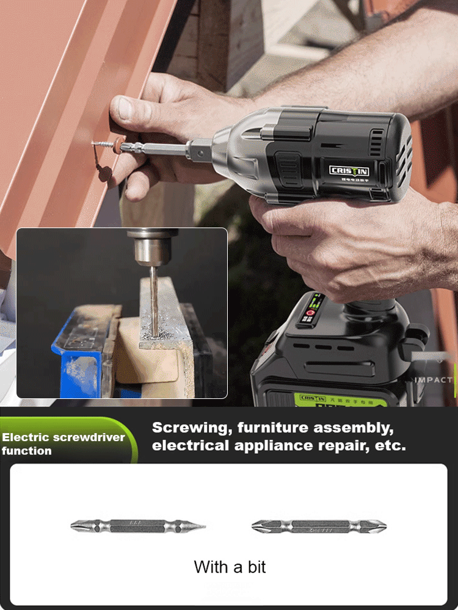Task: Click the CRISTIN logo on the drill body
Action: [350, 170]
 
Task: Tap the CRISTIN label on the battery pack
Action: [313, 398]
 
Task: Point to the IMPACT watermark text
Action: [434, 379]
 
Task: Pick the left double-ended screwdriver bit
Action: [138, 525]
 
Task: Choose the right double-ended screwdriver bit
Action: [319, 525]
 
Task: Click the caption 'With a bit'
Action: [230, 567]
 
